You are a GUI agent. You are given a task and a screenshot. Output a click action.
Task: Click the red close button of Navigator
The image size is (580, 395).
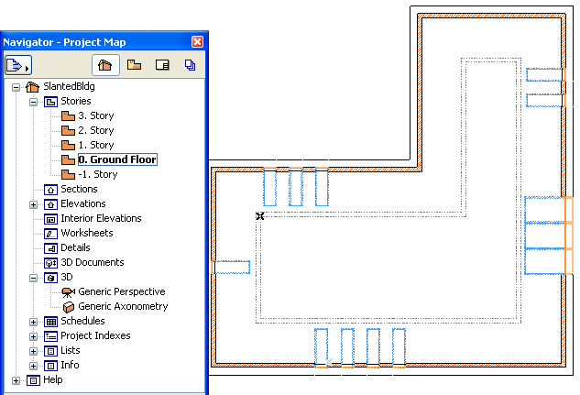[x=197, y=42]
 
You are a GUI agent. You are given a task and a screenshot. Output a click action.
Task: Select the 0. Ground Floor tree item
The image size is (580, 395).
[x=117, y=159]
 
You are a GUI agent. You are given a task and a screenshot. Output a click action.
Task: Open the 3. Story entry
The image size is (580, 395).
[x=96, y=115]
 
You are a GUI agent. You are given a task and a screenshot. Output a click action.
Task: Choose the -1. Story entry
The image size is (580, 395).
[x=98, y=174]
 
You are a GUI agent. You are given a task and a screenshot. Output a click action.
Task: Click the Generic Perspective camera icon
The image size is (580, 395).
[x=68, y=292]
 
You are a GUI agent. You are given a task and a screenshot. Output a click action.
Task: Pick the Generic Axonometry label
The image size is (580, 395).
[x=123, y=306]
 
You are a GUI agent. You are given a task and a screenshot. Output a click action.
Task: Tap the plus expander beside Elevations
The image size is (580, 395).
[x=33, y=204]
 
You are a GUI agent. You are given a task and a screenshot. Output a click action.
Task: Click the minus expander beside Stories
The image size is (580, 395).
[x=33, y=102]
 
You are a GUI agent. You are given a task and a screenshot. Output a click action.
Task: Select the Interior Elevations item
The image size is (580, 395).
[x=101, y=218]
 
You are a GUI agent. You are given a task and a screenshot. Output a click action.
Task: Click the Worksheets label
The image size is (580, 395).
[x=87, y=233]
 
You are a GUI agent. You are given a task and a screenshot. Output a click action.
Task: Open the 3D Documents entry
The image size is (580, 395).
[x=93, y=262]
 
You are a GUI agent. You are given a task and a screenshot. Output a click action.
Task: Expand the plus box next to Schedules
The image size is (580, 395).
[x=33, y=322]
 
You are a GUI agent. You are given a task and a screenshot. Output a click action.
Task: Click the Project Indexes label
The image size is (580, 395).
[x=95, y=335]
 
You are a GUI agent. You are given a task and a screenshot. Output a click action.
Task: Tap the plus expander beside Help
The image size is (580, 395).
[x=16, y=380]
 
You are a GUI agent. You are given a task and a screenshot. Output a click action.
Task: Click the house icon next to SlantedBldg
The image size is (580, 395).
[x=33, y=87]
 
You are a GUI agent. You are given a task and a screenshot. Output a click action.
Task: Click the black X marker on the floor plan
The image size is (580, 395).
[x=260, y=216]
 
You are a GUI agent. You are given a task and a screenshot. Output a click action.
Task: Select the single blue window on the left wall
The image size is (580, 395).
[x=231, y=267]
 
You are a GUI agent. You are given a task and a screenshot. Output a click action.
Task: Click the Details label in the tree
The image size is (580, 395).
[x=75, y=247]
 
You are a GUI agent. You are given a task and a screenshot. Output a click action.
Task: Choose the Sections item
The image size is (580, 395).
[x=79, y=189]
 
